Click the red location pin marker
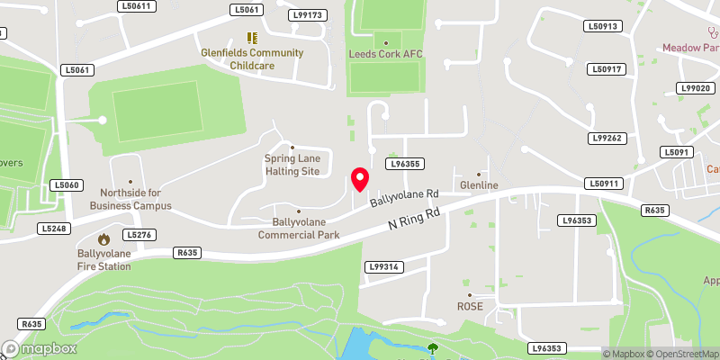click(x=359, y=179)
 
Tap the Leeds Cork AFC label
click(x=385, y=54)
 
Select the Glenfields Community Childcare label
click(x=252, y=58)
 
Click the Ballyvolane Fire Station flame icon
click(x=104, y=239)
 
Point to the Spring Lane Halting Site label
click(x=292, y=165)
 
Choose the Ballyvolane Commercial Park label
click(x=298, y=229)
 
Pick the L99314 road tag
click(x=383, y=267)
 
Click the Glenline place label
click(x=479, y=185)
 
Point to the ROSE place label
click(x=469, y=306)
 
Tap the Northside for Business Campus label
click(x=130, y=199)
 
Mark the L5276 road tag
click(x=139, y=235)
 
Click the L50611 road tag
click(x=137, y=6)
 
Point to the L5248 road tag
click(x=53, y=229)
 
